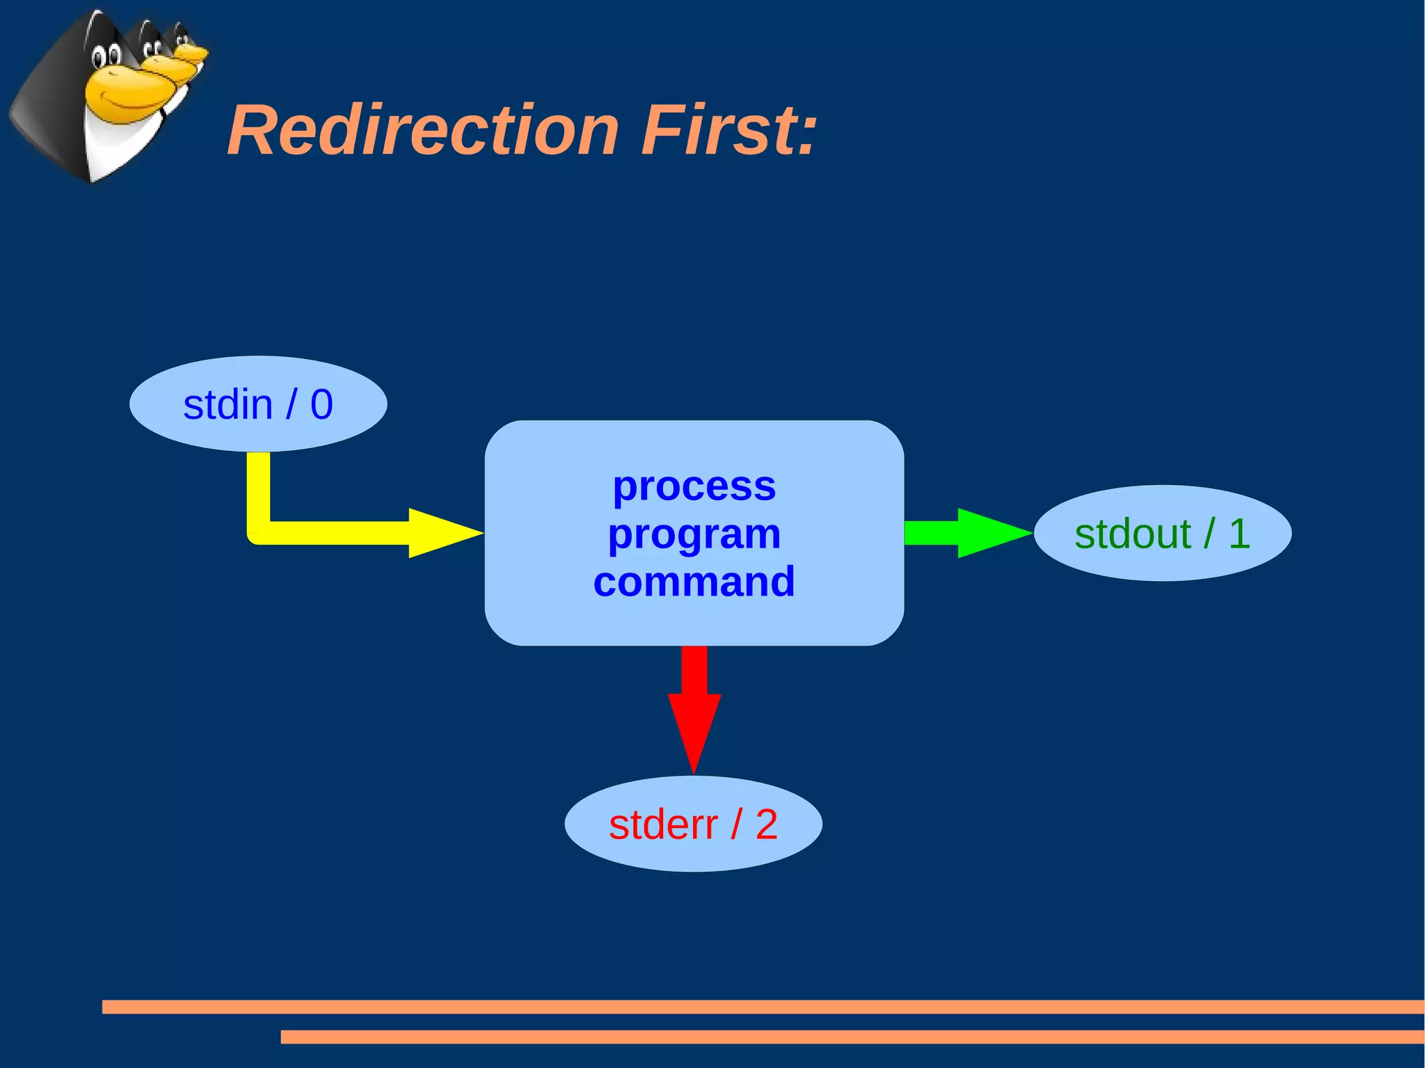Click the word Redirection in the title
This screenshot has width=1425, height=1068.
[423, 131]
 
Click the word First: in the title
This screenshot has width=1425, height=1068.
[729, 131]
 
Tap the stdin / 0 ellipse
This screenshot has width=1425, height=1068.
[258, 404]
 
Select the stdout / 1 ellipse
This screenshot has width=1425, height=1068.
[1162, 533]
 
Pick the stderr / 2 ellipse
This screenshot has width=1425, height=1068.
[693, 824]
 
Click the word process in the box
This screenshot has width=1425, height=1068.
[694, 486]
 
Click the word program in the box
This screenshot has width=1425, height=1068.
[694, 534]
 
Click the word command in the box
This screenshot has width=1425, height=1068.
[694, 582]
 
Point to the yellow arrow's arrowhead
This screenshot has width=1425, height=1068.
[442, 533]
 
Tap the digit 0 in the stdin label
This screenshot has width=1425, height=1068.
[321, 404]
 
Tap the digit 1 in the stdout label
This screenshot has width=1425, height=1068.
[1239, 534]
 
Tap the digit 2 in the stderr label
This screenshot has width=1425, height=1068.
[766, 824]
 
